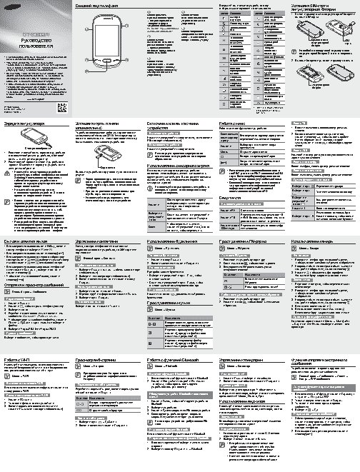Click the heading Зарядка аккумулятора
21,124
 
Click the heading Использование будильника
313,242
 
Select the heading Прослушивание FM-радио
246,242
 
